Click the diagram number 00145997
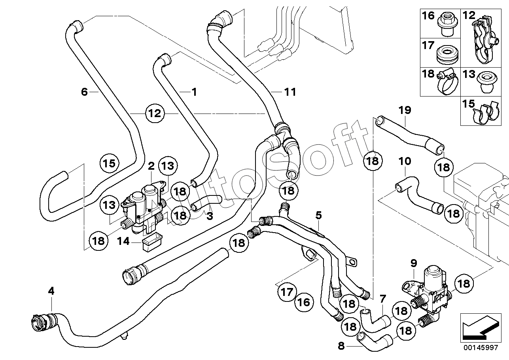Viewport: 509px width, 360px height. [481, 347]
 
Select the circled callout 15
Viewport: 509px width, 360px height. [109, 163]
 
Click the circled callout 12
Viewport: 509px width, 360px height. [155, 113]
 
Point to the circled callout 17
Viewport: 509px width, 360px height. [287, 292]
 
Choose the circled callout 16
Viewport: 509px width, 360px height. [304, 302]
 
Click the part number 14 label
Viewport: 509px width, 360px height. [123, 241]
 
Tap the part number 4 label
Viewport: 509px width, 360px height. [51, 291]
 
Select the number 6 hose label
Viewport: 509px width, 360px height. [84, 92]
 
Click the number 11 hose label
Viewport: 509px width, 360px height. [290, 92]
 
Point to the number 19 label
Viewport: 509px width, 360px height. [405, 110]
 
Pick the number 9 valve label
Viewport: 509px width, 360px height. [414, 263]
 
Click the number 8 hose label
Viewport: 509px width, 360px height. [341, 346]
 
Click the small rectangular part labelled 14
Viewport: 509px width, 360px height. [152, 243]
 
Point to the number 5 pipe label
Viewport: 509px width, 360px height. [319, 215]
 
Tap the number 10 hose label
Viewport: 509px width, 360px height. [405, 161]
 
